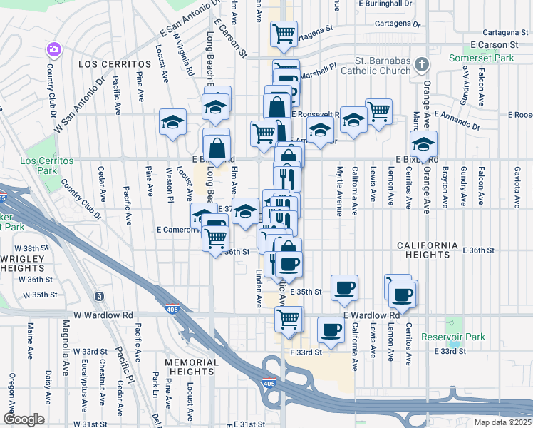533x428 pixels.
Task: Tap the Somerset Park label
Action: tap(481, 57)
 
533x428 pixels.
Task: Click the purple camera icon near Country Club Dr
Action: tap(53, 50)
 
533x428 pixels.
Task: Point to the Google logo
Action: tap(24, 419)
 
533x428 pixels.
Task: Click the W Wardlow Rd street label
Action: tap(103, 315)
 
